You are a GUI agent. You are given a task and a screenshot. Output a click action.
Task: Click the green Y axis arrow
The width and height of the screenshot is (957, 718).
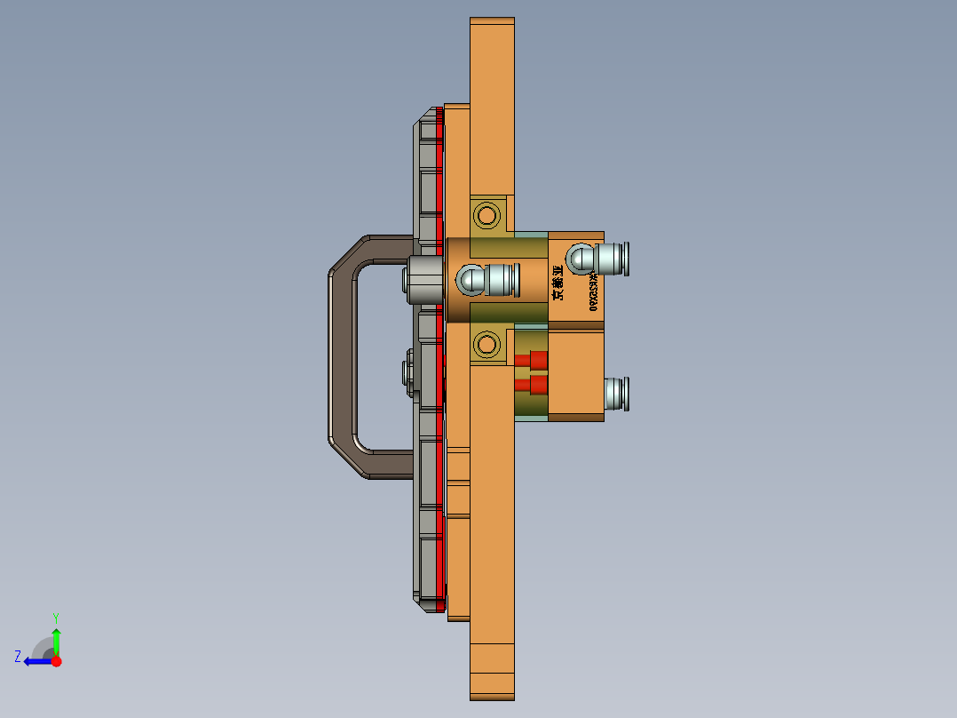(56, 640)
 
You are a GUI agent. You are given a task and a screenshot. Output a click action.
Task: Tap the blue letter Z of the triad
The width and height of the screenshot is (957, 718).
(18, 656)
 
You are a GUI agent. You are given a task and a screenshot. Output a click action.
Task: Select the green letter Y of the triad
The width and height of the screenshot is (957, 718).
(56, 617)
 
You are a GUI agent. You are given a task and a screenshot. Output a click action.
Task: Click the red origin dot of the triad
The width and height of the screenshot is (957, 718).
(56, 661)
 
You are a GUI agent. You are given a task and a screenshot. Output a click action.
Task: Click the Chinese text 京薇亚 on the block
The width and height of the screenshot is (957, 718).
(558, 282)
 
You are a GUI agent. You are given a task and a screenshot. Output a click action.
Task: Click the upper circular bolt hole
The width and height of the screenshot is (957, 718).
(486, 214)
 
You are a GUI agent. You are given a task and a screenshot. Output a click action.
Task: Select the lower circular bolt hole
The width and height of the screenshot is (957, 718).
(486, 343)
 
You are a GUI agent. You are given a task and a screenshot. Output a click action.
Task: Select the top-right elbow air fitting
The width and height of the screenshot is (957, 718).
(599, 258)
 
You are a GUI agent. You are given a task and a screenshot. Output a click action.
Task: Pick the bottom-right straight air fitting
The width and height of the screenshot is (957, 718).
(616, 393)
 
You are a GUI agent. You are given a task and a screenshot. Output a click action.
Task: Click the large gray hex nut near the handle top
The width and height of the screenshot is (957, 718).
(424, 280)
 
